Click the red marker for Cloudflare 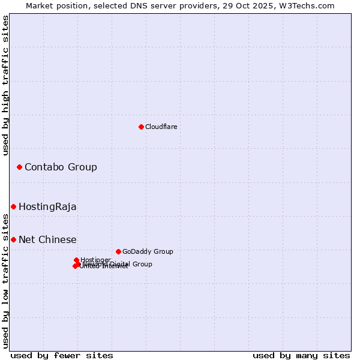141,127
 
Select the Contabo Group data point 19,167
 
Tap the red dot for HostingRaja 13,206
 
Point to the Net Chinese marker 13,239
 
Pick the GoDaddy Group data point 118,251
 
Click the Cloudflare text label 161,127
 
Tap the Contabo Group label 61,167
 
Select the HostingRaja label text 47,206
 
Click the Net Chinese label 47,239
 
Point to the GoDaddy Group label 148,251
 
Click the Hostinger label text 95,260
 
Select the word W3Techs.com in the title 310,5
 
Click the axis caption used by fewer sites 62,355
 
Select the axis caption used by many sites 301,355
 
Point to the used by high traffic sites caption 5,86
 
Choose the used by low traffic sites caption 5,284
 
